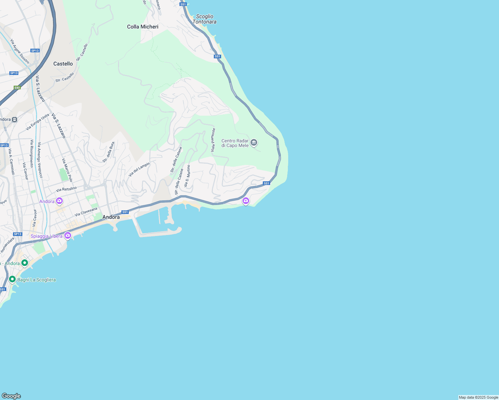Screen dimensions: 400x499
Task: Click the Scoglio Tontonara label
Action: coord(204,19)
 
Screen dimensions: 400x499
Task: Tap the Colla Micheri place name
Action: coord(143,27)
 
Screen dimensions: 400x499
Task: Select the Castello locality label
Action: coord(63,64)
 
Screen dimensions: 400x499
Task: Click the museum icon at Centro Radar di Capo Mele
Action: coord(254,143)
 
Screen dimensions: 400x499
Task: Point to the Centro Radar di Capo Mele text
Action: coord(235,143)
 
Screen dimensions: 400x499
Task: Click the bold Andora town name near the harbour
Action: coord(111,217)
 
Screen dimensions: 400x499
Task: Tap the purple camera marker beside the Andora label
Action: coord(59,201)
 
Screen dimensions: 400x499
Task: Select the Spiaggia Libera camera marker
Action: coord(68,236)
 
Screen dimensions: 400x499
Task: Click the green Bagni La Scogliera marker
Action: coord(12,279)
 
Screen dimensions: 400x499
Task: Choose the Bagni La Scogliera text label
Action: coord(36,280)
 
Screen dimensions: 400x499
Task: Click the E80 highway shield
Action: coord(17,88)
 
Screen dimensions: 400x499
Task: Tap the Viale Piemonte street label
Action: coord(213,140)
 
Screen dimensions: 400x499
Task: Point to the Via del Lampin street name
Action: coord(139,169)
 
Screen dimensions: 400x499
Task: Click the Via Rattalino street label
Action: coord(66,189)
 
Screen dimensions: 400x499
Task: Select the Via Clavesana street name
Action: coord(86,212)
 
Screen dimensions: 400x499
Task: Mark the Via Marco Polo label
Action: coord(67,170)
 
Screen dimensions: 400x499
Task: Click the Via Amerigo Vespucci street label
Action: coord(40,160)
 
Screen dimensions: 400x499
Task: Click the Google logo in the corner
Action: coord(11,396)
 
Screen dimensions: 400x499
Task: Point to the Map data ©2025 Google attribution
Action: coord(478,397)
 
